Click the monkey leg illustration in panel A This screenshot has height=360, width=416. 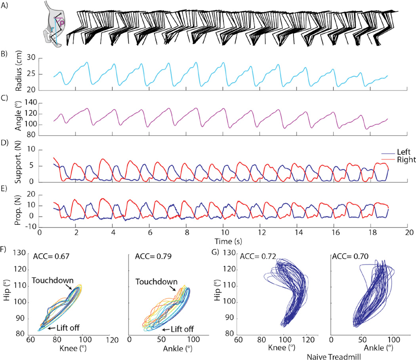point(54,25)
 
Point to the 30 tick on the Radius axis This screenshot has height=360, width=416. point(31,58)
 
